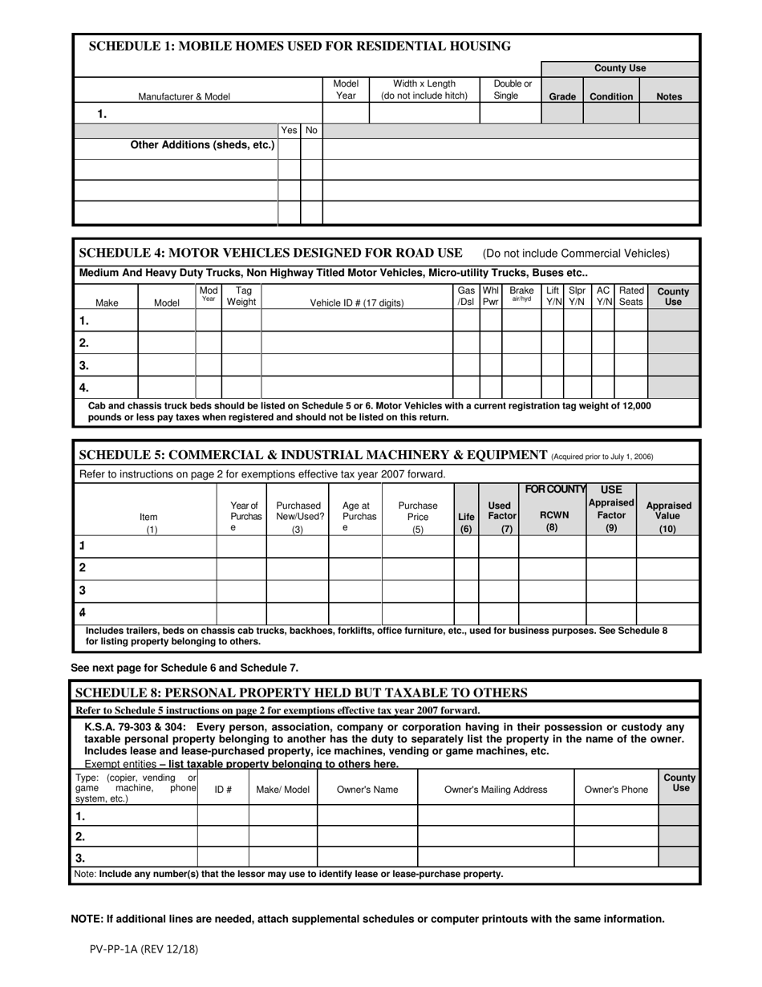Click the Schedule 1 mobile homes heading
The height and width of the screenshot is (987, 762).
pos(299,47)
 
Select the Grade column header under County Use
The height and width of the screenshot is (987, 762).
pos(562,96)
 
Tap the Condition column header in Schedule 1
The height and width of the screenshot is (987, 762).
pos(611,96)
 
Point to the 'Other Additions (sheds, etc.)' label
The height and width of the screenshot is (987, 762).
pos(202,145)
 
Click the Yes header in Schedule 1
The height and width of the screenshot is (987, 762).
pos(289,130)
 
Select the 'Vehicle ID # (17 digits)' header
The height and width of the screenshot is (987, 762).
pos(357,303)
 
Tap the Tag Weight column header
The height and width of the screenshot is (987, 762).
pos(241,297)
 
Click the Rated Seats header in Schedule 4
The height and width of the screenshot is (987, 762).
pos(631,296)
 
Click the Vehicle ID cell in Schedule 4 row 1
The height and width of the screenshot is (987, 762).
pos(357,321)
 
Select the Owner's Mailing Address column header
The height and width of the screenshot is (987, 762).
pos(496,790)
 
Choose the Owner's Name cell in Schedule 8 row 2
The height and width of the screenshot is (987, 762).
pos(367,836)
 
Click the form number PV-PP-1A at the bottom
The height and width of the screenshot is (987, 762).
pos(144,948)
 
